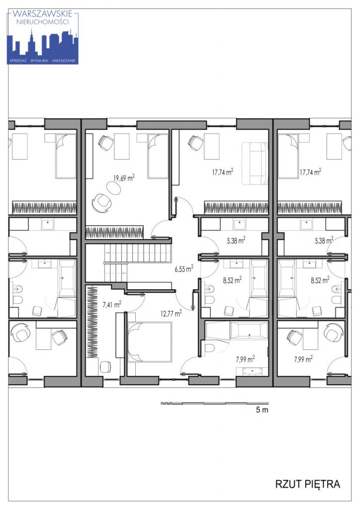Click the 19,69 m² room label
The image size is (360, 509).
[x=124, y=177]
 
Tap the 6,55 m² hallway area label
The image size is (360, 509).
[x=184, y=268]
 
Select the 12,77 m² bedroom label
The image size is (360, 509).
[x=171, y=313]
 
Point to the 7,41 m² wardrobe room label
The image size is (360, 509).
[x=112, y=304]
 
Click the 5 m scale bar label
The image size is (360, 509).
[x=262, y=410]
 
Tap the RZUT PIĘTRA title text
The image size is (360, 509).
[x=307, y=484]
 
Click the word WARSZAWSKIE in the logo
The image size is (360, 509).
[x=43, y=14]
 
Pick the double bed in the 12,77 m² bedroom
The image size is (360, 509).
[x=149, y=342]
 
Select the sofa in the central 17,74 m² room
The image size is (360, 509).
[x=255, y=163]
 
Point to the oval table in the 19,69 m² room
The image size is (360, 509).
[x=113, y=187]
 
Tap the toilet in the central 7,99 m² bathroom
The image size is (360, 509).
[x=210, y=347]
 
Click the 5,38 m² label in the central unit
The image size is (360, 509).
[x=236, y=241]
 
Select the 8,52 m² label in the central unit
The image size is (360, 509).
[x=232, y=280]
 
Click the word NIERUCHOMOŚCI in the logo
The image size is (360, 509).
[x=43, y=22]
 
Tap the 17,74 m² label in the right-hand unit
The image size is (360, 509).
[x=310, y=171]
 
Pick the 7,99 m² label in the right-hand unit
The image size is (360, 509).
[x=303, y=359]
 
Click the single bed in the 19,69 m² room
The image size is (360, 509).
[x=158, y=156]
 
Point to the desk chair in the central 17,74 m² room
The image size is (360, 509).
[x=195, y=142]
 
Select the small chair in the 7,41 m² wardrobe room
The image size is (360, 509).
[x=105, y=367]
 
